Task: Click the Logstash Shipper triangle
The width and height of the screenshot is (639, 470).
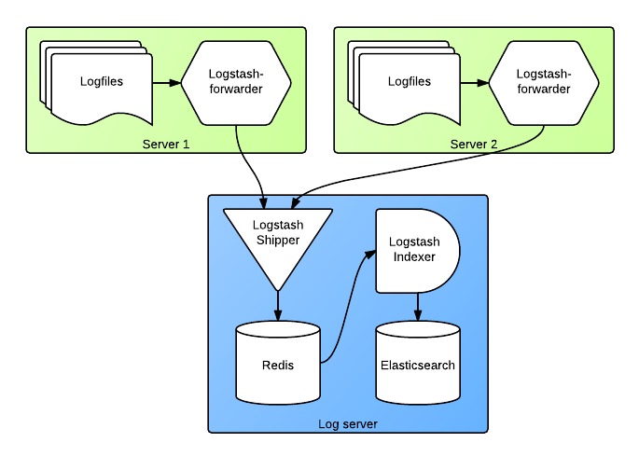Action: [x=277, y=233]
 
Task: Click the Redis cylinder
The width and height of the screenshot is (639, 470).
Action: [x=277, y=364]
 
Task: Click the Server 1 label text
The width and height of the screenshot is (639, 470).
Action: [x=165, y=144]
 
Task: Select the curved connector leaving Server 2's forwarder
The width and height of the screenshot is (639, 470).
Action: [x=420, y=173]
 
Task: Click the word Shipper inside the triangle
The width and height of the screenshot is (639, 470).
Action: [x=277, y=240]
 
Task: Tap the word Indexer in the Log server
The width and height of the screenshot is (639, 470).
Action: [x=411, y=256]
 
